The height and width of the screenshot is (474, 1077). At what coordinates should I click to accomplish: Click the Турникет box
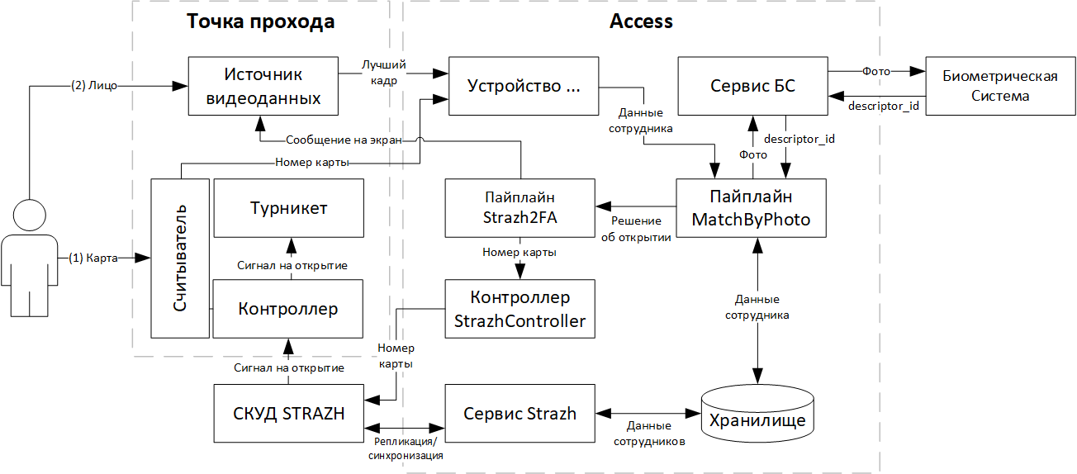288,208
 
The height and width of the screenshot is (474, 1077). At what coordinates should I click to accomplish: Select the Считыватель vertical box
180,258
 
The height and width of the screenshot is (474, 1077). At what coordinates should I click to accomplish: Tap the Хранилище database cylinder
757,414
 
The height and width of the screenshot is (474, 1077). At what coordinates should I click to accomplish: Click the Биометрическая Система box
1000,86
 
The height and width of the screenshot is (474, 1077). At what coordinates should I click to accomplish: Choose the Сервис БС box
753,86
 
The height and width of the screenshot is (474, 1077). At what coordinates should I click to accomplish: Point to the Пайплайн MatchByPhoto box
751,208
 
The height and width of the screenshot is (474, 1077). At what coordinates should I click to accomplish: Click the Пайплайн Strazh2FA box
520,208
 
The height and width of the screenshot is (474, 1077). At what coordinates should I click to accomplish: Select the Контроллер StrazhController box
520,309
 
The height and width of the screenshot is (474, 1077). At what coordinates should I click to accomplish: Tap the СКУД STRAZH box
288,414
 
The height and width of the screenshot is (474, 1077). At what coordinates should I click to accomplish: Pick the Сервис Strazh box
520,414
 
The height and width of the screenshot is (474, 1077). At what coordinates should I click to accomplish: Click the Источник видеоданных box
263,86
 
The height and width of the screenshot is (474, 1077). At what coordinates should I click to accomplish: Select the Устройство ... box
524,86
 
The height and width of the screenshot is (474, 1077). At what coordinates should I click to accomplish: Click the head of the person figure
30,216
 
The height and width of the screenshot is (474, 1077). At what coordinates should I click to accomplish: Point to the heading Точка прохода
261,21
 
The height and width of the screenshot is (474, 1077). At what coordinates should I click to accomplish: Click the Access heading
641,21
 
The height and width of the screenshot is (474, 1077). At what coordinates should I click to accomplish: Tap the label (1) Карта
93,258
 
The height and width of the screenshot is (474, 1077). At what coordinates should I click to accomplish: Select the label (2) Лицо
94,86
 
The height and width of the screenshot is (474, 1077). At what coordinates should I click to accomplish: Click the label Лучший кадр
384,73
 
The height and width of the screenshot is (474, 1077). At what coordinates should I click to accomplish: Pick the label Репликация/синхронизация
406,448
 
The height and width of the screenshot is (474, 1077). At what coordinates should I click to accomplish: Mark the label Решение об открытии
636,229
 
